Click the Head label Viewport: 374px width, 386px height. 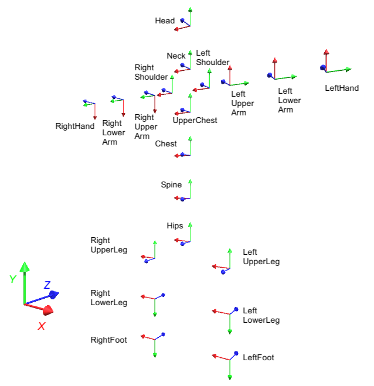[x=165, y=21]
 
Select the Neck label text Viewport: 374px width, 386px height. [x=176, y=56]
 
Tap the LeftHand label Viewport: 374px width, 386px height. [x=342, y=88]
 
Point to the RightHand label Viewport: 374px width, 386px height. [x=74, y=126]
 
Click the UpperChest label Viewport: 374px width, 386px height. [x=195, y=121]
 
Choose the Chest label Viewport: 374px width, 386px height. [x=166, y=144]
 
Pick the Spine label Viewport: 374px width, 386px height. [x=171, y=185]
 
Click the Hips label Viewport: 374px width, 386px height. [x=175, y=226]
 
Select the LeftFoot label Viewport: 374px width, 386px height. [x=258, y=357]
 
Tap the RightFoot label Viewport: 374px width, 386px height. [x=108, y=340]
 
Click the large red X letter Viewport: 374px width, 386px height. [x=42, y=326]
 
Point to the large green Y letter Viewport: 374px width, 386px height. [x=12, y=279]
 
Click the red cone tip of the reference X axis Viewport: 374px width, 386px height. [x=50, y=310]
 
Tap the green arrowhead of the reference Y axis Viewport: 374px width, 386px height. [x=24, y=267]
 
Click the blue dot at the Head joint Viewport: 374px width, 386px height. [x=183, y=21]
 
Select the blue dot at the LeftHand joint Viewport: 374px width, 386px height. [x=322, y=68]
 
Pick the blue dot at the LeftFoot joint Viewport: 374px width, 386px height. [x=236, y=353]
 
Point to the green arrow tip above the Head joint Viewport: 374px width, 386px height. [x=190, y=9]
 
